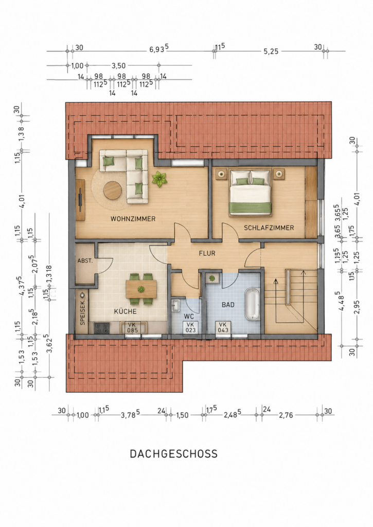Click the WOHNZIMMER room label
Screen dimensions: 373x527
click(x=133, y=219)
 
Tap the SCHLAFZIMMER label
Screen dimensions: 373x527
click(x=269, y=228)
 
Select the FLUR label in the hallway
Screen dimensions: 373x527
click(x=207, y=253)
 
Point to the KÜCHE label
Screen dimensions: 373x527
click(x=126, y=311)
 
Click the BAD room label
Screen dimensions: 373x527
click(x=228, y=305)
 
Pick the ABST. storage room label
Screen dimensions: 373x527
click(x=85, y=260)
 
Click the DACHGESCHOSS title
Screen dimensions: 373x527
click(x=174, y=454)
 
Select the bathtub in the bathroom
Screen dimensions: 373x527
click(x=252, y=304)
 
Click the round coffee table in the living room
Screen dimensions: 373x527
click(x=113, y=191)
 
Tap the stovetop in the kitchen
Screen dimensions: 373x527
click(x=101, y=328)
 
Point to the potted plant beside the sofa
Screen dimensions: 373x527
click(x=159, y=179)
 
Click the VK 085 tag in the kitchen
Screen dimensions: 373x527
click(x=132, y=328)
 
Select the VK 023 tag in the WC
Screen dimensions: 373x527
click(x=190, y=328)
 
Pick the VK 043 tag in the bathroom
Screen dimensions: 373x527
click(x=223, y=328)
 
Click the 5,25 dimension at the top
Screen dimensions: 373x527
click(x=271, y=51)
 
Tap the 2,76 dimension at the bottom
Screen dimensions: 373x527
click(x=286, y=415)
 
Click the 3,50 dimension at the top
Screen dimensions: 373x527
click(x=119, y=66)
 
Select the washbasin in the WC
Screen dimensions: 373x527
click(x=175, y=306)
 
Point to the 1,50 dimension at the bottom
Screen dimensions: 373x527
click(x=182, y=415)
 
